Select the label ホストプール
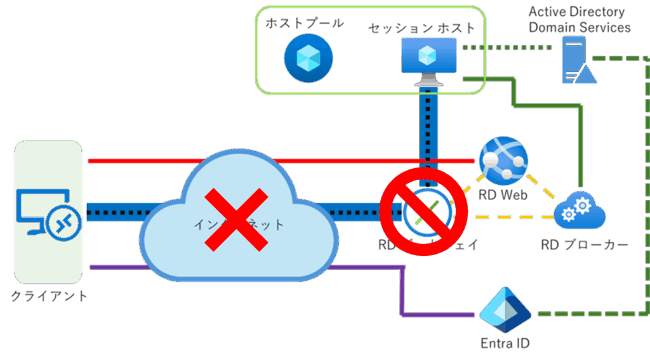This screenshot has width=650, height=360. click(305, 23)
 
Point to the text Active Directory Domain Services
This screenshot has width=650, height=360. click(579, 20)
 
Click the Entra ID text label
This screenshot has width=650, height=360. click(505, 343)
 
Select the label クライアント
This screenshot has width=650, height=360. click(49, 295)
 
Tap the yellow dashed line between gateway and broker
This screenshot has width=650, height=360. click(508, 218)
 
